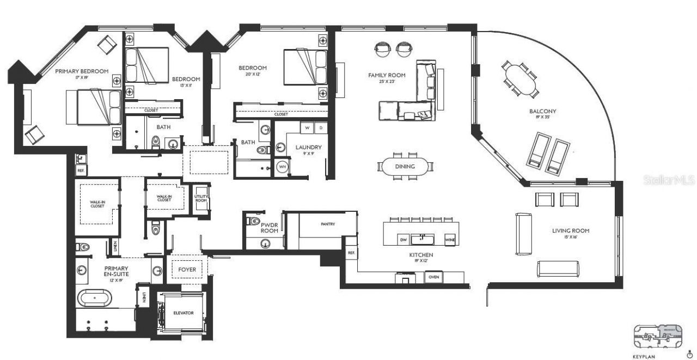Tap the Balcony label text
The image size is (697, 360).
[x=542, y=112]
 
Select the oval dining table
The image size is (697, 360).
[x=405, y=167]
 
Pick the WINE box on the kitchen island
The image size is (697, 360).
[x=450, y=240]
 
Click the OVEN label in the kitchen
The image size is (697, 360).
[x=435, y=277]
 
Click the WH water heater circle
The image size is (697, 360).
[x=283, y=167]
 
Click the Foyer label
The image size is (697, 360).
[x=187, y=270]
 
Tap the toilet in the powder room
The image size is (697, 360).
[x=253, y=222]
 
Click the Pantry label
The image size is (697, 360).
[x=328, y=224]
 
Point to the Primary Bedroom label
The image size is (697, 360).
[x=81, y=71]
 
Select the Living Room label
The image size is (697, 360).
[x=570, y=231]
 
